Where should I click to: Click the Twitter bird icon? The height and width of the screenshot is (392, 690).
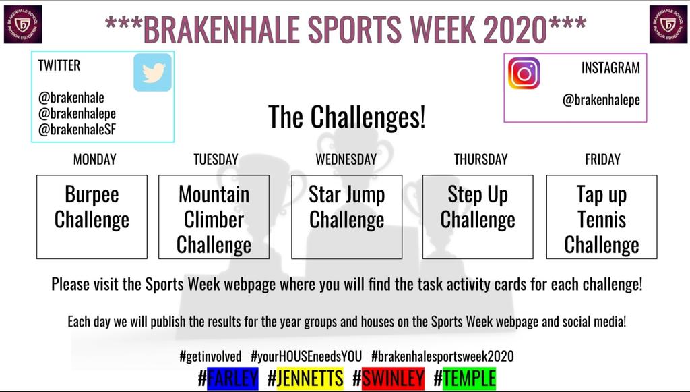pyautogui.click(x=153, y=72)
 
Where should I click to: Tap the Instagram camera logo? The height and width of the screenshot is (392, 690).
pyautogui.click(x=524, y=74)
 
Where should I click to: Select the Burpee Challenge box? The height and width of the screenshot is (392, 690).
pyautogui.click(x=92, y=217)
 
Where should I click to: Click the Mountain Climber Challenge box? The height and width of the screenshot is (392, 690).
pyautogui.click(x=214, y=217)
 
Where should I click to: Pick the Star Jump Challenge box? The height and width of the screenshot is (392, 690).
pyautogui.click(x=346, y=217)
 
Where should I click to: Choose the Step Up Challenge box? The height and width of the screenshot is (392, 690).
pyautogui.click(x=478, y=217)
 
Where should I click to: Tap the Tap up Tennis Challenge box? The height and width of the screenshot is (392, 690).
pyautogui.click(x=602, y=217)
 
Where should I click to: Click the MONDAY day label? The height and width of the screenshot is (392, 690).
pyautogui.click(x=94, y=160)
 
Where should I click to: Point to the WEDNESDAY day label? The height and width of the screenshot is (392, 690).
pyautogui.click(x=346, y=160)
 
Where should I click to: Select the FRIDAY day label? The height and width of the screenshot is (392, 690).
pyautogui.click(x=602, y=160)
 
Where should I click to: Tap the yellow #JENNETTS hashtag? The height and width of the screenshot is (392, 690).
pyautogui.click(x=305, y=379)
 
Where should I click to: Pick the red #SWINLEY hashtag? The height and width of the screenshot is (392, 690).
pyautogui.click(x=388, y=379)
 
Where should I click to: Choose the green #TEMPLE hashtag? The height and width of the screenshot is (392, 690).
pyautogui.click(x=464, y=379)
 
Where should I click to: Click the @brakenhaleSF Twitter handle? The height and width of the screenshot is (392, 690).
pyautogui.click(x=77, y=130)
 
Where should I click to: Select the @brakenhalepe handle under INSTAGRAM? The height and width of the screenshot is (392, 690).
pyautogui.click(x=601, y=101)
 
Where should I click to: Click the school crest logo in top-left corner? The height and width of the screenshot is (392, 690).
pyautogui.click(x=23, y=24)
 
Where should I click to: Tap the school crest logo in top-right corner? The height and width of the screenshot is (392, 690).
pyautogui.click(x=668, y=24)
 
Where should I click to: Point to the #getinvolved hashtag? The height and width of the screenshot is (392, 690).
pyautogui.click(x=210, y=356)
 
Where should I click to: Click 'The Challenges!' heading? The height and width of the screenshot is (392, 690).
pyautogui.click(x=346, y=117)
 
